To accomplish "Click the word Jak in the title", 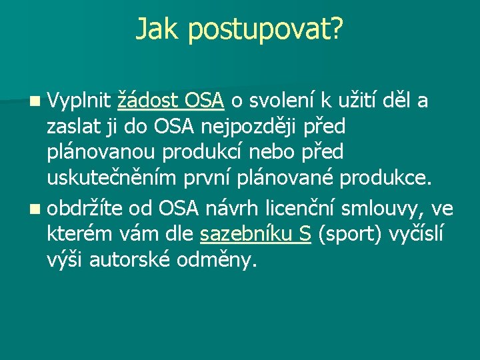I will pos(157,29).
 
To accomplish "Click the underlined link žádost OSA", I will pos(170,101).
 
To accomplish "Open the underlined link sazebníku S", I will pos(256,235).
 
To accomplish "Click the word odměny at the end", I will pos(216,260).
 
